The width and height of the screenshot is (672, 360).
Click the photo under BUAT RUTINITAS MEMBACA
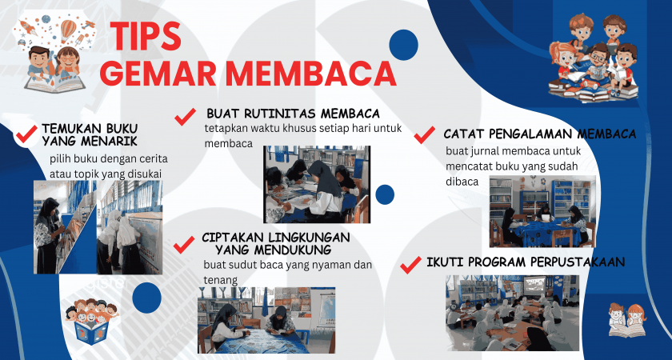click(x=317, y=184)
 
